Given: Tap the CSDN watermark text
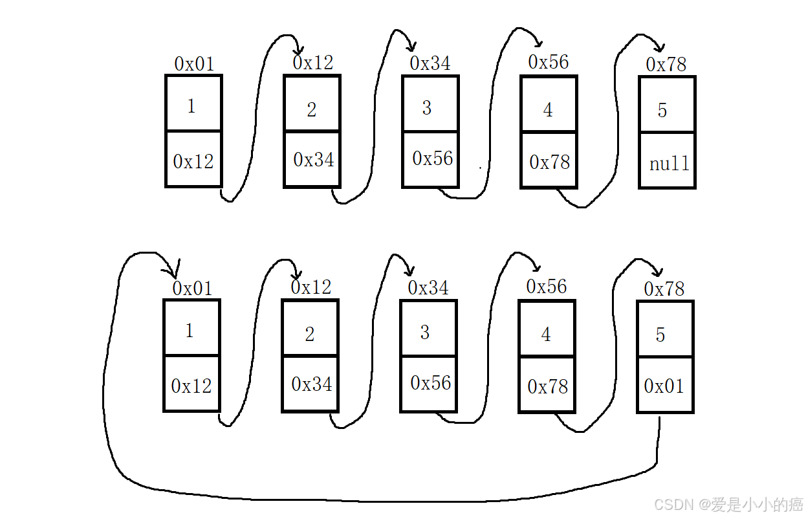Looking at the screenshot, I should coord(728,504).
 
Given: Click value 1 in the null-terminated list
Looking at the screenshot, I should coord(191,105).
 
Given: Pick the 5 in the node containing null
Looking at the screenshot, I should coord(662,110).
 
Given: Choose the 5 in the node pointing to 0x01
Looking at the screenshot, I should coord(660,335).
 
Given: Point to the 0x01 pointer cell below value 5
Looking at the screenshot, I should coord(664,386).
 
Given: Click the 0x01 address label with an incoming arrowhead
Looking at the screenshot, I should coord(192,288).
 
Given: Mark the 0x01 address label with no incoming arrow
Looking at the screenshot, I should coord(194,63).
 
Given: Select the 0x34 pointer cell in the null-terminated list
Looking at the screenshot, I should coord(313,159).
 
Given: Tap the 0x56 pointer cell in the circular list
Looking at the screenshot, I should coord(430,383).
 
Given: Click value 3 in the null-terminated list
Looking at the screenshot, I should coord(427,107).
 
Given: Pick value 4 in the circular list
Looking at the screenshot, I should coord(546,335).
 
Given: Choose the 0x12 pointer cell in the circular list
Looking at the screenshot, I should coord(191,386).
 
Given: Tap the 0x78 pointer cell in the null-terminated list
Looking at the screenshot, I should coord(549,162).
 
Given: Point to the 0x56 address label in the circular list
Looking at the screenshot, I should coord(547,286).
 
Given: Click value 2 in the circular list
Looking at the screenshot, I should coord(310,334).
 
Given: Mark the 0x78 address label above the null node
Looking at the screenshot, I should coord(666,64).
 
